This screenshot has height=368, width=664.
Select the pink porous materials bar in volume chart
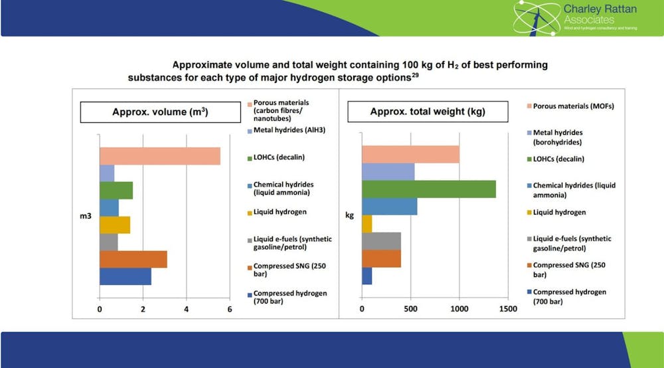[x=159, y=156]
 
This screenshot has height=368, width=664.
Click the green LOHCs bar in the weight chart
[x=428, y=189]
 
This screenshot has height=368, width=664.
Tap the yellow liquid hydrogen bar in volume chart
[x=114, y=225]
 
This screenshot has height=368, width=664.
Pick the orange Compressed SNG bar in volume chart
[x=133, y=259]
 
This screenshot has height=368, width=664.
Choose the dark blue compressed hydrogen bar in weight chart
[x=367, y=276]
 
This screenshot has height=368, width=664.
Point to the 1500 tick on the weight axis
[x=508, y=309]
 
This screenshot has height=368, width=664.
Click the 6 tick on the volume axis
[x=230, y=309]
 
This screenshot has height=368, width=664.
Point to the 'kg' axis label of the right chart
[x=349, y=215]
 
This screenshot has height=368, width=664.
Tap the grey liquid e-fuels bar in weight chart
[x=381, y=240]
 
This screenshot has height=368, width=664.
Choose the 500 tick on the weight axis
[x=410, y=309]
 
